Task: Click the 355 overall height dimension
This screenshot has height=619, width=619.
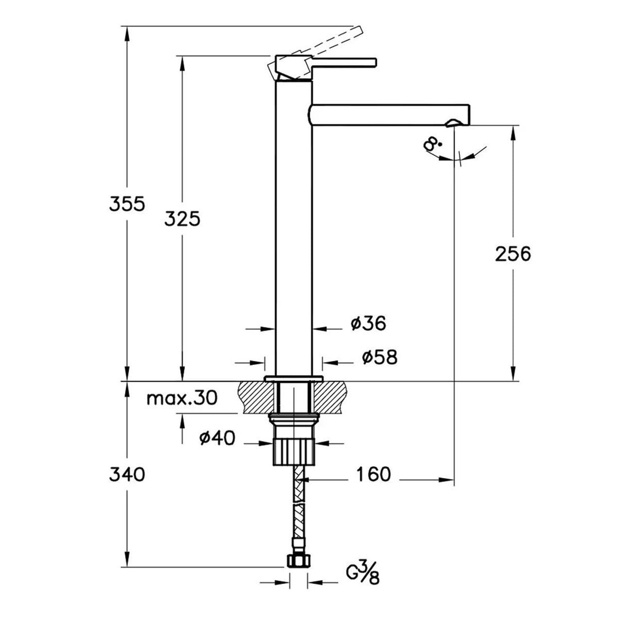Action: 127,204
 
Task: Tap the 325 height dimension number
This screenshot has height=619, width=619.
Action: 182,219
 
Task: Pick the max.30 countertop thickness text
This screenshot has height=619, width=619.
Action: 182,399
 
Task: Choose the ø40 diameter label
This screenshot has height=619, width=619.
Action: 217,438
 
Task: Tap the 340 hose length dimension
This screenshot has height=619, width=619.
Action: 127,474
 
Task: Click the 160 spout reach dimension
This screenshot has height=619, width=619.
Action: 374,474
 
